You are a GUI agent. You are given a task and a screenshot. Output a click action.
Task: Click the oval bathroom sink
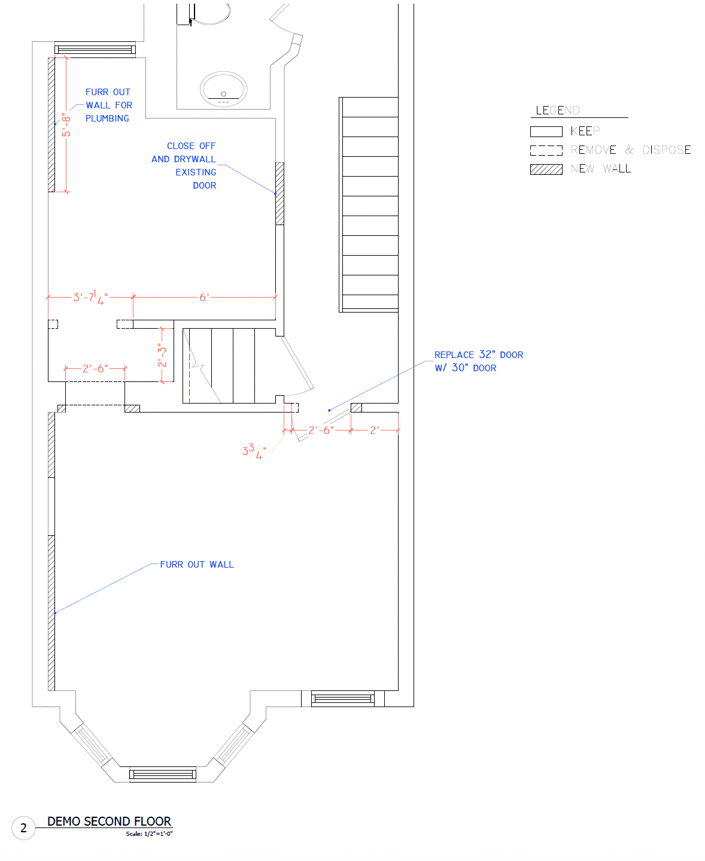pos(223,89)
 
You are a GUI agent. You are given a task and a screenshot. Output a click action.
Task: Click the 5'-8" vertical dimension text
pos(66,125)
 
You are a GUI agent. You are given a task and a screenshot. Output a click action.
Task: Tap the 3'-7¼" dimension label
pos(90,297)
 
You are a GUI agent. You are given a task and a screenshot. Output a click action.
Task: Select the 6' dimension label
pos(204,297)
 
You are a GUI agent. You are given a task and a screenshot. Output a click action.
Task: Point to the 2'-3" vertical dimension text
pos(162,355)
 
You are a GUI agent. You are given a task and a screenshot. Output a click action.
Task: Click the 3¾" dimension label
pos(254,451)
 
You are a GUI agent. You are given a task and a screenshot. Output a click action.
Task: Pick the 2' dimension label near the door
pos(374,430)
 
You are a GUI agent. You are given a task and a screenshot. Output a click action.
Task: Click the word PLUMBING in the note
pos(107,119)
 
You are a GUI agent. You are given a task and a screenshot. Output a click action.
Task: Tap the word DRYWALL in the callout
pos(195,159)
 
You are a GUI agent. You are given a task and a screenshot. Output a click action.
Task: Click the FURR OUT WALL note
pos(197,564)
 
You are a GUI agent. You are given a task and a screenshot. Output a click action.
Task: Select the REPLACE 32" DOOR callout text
pos(479,354)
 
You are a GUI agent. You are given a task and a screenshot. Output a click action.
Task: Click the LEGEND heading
pos(557,110)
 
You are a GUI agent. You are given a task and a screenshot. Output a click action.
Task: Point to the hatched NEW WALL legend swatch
pos(546,169)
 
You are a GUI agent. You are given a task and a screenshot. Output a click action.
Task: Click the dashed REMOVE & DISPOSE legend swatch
pos(546,150)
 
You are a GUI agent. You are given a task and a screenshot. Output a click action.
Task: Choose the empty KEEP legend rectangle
pos(546,132)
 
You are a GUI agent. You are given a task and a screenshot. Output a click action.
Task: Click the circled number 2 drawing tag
pos(23,828)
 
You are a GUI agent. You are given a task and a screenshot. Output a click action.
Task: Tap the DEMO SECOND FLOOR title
pos(109,821)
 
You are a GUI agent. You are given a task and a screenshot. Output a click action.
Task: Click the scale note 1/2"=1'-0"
pos(149,833)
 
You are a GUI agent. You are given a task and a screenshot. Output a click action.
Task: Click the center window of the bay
pos(162,774)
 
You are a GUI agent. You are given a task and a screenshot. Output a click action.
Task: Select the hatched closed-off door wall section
pos(279,193)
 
